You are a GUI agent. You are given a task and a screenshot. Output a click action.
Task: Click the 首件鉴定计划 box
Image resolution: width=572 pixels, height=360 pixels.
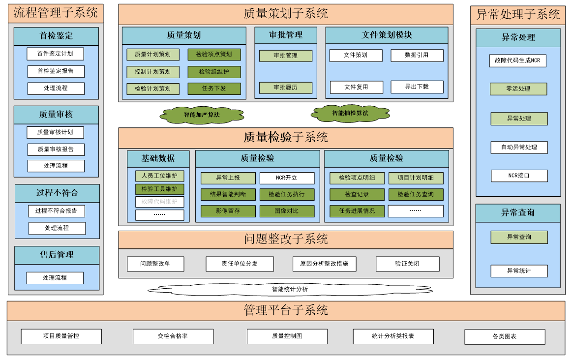pyautogui.click(x=56, y=54)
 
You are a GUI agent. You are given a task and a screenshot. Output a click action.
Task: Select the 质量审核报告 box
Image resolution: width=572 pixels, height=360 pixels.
pyautogui.click(x=56, y=149)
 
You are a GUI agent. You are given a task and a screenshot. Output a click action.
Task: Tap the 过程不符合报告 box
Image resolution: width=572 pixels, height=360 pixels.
pyautogui.click(x=56, y=211)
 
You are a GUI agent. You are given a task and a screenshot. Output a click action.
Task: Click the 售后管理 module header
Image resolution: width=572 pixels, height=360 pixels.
pyautogui.click(x=57, y=255)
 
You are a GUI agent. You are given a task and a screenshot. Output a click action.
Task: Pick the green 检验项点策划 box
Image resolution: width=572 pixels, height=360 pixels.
pyautogui.click(x=214, y=54)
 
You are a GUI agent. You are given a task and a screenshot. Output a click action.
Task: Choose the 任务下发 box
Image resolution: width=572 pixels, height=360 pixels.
pyautogui.click(x=214, y=89)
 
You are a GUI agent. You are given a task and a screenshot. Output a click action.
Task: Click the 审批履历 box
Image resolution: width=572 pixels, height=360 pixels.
pyautogui.click(x=286, y=88)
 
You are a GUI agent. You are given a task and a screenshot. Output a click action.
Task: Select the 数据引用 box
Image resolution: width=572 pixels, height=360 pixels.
pyautogui.click(x=417, y=55)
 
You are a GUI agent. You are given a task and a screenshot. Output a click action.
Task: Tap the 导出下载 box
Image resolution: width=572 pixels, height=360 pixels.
pyautogui.click(x=417, y=87)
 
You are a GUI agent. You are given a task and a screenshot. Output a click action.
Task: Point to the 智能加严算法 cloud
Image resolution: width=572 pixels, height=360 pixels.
pyautogui.click(x=202, y=115)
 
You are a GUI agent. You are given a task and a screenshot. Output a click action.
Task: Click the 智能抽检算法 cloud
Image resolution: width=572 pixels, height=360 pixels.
pyautogui.click(x=350, y=113)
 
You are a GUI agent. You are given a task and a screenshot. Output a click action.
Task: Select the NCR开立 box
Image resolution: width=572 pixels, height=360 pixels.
pyautogui.click(x=286, y=178)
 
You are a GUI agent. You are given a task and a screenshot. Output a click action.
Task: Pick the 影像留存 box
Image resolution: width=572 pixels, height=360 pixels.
pyautogui.click(x=228, y=210)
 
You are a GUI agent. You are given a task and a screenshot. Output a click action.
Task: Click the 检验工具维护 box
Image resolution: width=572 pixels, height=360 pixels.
pyautogui.click(x=159, y=189)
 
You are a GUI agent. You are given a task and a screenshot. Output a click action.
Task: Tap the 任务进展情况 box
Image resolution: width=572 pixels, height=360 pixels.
pyautogui.click(x=357, y=210)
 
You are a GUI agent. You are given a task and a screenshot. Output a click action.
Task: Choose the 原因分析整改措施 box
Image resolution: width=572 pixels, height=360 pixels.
pyautogui.click(x=324, y=264)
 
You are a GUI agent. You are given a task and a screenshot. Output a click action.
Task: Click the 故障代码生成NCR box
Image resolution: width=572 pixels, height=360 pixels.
pyautogui.click(x=518, y=61)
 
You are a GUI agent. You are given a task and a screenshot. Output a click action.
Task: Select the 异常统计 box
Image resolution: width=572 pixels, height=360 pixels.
pyautogui.click(x=519, y=270)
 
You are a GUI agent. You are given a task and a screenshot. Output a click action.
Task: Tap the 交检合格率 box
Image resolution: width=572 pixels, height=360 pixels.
pyautogui.click(x=173, y=336)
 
